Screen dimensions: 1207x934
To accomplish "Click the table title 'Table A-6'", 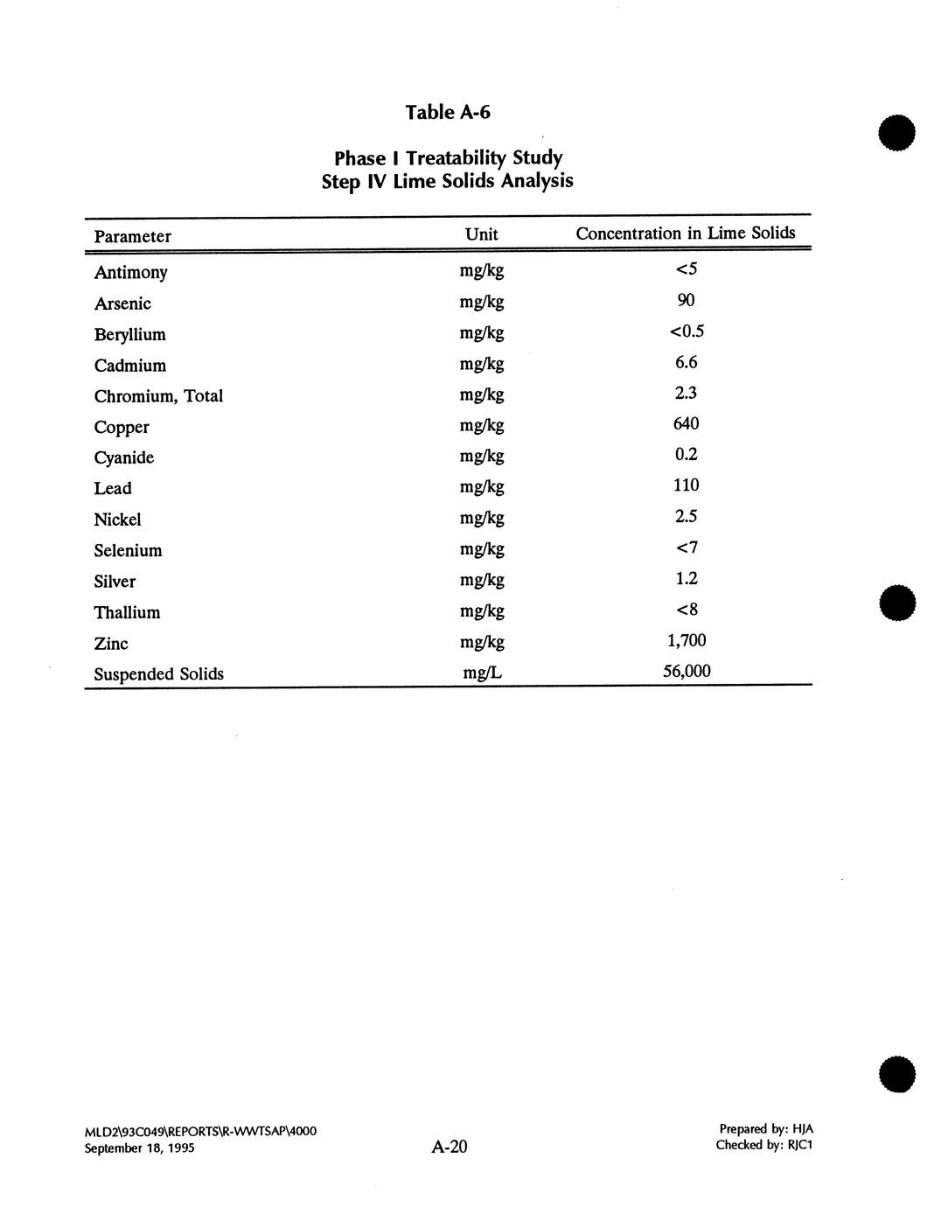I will click(x=448, y=112).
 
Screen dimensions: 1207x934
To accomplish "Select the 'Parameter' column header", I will click(x=132, y=236).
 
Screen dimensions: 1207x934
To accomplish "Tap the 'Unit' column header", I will click(x=481, y=234).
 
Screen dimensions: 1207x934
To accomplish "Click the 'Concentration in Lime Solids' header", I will click(x=685, y=233).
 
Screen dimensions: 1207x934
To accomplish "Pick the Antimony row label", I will click(x=130, y=272).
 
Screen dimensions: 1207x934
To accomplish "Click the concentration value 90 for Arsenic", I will click(x=686, y=300).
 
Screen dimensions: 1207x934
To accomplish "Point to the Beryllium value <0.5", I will click(x=687, y=331).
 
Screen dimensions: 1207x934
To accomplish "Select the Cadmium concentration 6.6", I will click(x=686, y=362).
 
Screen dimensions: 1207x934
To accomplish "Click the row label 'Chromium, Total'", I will click(x=158, y=395).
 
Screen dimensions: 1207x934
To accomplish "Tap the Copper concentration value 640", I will click(x=686, y=423).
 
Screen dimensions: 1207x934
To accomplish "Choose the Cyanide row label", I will click(x=123, y=457).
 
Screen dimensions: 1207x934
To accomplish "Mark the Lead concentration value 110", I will click(x=686, y=485).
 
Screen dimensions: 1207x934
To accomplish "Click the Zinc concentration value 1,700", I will click(x=686, y=640).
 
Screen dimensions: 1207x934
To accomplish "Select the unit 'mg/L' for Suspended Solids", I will click(x=482, y=673).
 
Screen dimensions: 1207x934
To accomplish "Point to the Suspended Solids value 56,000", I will click(x=686, y=671).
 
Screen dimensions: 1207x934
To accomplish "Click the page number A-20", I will click(x=450, y=1147).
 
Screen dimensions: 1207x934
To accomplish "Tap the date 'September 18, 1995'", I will click(x=139, y=1148).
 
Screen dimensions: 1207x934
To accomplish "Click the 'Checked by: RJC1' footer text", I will click(x=763, y=1145).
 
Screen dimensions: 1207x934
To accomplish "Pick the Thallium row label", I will click(x=127, y=612).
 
